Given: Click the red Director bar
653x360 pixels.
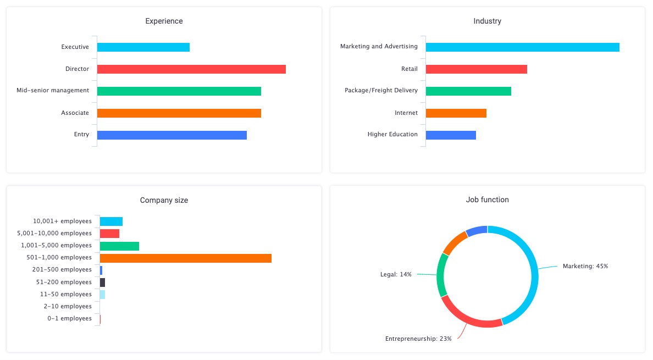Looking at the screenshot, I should point(191,69).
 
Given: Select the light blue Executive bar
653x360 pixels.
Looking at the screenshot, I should point(143,47).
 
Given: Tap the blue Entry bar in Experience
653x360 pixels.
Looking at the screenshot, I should point(172,135).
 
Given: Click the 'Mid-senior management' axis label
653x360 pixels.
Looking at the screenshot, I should point(53,90).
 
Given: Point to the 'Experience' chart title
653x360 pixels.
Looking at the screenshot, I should point(164,21).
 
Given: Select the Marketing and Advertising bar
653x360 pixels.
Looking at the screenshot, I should point(522,47).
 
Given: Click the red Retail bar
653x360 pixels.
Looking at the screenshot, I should point(476,69).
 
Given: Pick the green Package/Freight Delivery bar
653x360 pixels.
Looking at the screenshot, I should point(468,91).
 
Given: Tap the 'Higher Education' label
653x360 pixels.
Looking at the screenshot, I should point(392,135).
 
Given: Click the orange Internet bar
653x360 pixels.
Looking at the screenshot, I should point(456,113).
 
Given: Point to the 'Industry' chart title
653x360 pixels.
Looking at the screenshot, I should point(487,21).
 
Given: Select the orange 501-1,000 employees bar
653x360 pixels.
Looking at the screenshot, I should point(186,258).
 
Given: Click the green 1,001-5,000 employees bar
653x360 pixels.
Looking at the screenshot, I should point(119,246).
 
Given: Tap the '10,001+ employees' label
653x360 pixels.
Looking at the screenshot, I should point(62,221).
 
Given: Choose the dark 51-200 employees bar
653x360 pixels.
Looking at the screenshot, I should point(102,282).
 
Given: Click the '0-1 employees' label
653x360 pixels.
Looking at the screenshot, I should point(69,319).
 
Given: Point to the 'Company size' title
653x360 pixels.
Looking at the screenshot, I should point(164,201).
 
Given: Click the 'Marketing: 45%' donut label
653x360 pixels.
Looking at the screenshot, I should point(585,266).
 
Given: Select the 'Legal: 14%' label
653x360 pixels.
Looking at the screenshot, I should point(396,274).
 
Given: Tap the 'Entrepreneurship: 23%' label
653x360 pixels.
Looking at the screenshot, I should point(418,339).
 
